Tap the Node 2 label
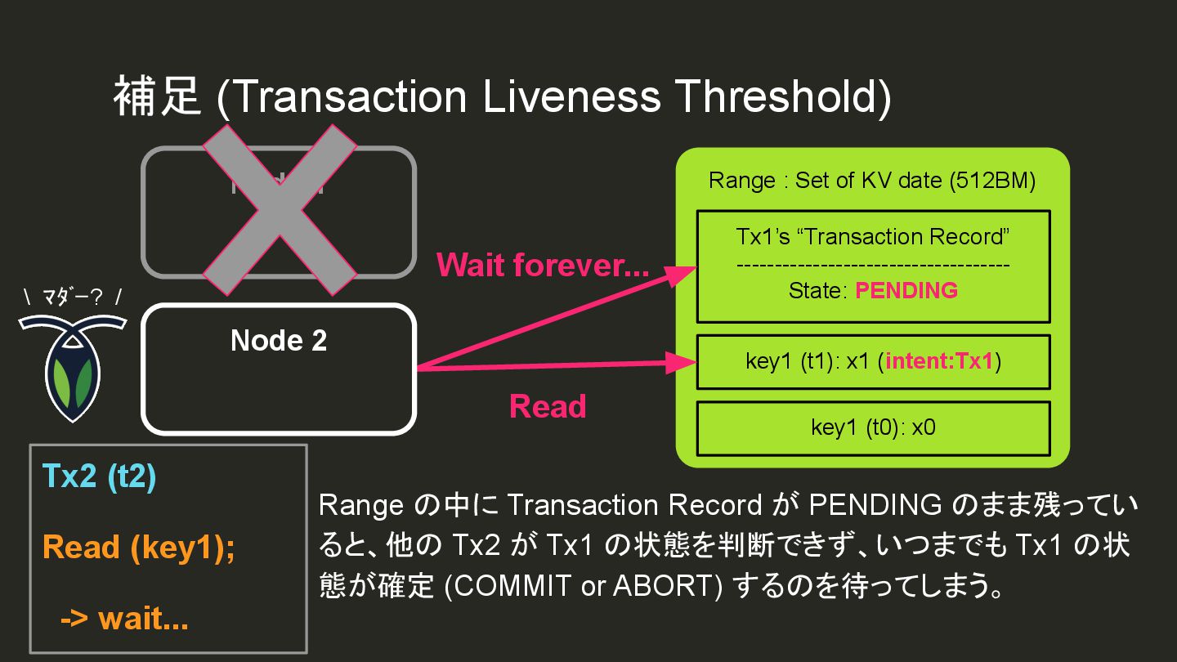click(x=279, y=340)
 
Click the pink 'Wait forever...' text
click(x=543, y=266)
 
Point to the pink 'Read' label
click(x=548, y=406)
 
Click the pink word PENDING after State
click(x=906, y=290)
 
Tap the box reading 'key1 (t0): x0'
click(x=873, y=427)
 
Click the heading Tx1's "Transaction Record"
click(x=873, y=237)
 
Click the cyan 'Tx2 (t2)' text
click(x=99, y=476)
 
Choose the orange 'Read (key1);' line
click(x=139, y=547)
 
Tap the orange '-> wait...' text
click(x=124, y=619)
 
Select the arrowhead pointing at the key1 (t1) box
click(x=683, y=360)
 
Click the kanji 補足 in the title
click(x=157, y=96)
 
